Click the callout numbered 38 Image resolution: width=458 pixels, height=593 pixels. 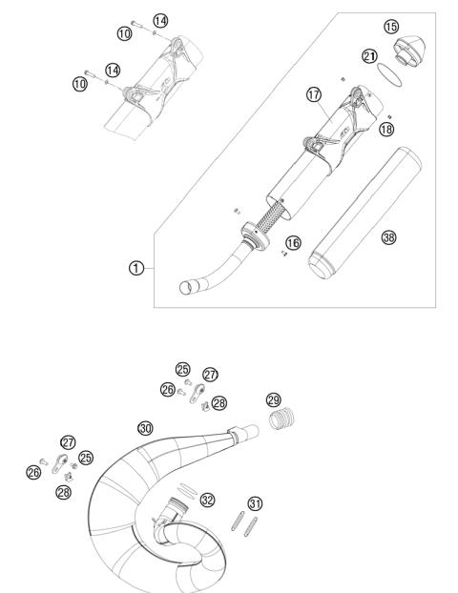[387, 237]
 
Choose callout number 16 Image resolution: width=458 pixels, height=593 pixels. [294, 244]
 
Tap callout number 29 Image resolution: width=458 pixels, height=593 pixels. [274, 399]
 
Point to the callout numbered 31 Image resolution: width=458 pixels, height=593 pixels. [255, 502]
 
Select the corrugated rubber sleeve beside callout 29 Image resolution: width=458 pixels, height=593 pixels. [283, 420]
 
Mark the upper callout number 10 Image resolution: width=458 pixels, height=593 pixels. [124, 33]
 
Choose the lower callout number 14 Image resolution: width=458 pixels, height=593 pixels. [113, 70]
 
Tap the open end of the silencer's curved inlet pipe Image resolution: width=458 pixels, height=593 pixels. [187, 287]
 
